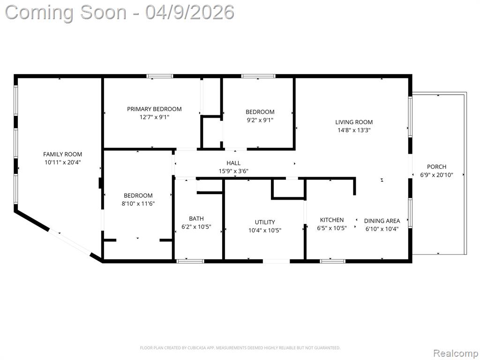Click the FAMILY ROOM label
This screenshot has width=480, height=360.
click(x=62, y=154)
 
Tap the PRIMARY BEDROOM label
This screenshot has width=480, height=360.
click(x=154, y=109)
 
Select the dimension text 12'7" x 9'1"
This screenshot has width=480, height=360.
click(x=154, y=117)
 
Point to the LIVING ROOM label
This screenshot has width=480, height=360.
click(x=354, y=122)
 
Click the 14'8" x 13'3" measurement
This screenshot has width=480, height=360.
click(x=354, y=130)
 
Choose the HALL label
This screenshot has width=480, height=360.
click(x=233, y=163)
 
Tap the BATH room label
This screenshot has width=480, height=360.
click(x=196, y=218)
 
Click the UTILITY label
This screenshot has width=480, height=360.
click(x=265, y=222)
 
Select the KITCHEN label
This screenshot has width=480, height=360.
click(x=332, y=220)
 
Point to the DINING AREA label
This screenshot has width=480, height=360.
click(x=382, y=221)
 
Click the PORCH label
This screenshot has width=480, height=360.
click(x=436, y=167)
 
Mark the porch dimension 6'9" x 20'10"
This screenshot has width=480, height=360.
click(x=436, y=175)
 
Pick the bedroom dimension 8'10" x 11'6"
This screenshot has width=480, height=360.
click(x=138, y=203)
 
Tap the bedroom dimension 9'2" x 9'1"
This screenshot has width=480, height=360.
click(x=260, y=120)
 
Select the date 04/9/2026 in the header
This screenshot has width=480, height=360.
click(x=190, y=12)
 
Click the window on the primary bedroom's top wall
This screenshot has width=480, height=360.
click(x=159, y=76)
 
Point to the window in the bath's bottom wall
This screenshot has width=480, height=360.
click(x=190, y=261)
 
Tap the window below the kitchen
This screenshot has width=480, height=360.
click(x=332, y=261)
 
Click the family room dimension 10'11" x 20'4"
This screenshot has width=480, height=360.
click(x=62, y=163)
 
